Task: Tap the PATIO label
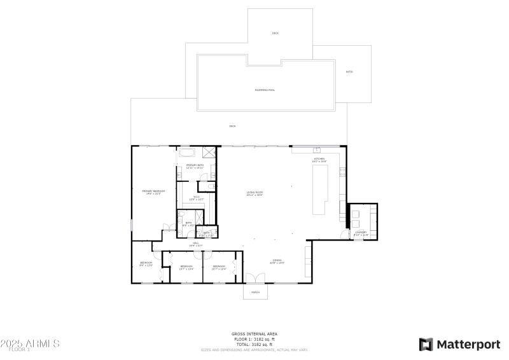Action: coord(349,72)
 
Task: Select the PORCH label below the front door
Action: coord(255,293)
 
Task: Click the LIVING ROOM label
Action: coord(255,193)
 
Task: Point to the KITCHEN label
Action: coord(319,160)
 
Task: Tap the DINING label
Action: coord(277,261)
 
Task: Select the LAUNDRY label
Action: coord(361,233)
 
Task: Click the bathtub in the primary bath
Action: coord(188,153)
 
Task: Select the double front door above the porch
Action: coord(255,278)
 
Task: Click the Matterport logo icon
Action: coord(426,344)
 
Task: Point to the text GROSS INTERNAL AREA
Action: coord(254,333)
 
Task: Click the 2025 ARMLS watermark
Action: coord(30,343)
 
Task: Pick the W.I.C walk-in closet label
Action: coord(196,198)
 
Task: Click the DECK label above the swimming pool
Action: coord(275,33)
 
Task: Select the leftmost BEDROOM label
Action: coord(146,264)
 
